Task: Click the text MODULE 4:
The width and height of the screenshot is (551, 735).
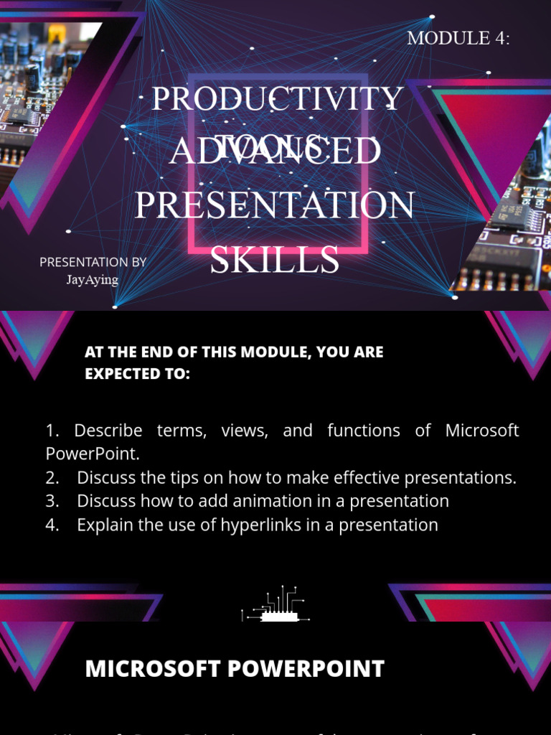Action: tap(458, 39)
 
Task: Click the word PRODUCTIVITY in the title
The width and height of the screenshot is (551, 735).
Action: tap(277, 99)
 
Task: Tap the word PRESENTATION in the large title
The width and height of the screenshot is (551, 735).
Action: tap(275, 205)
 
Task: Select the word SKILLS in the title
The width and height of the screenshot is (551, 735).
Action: tap(275, 260)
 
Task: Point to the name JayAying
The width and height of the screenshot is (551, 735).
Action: tap(93, 280)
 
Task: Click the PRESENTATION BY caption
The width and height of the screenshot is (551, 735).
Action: tap(93, 263)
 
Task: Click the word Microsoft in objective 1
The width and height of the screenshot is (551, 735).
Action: tap(482, 431)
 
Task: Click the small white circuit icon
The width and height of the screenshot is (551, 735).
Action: tap(275, 604)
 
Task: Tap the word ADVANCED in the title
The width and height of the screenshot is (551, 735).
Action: tap(275, 152)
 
